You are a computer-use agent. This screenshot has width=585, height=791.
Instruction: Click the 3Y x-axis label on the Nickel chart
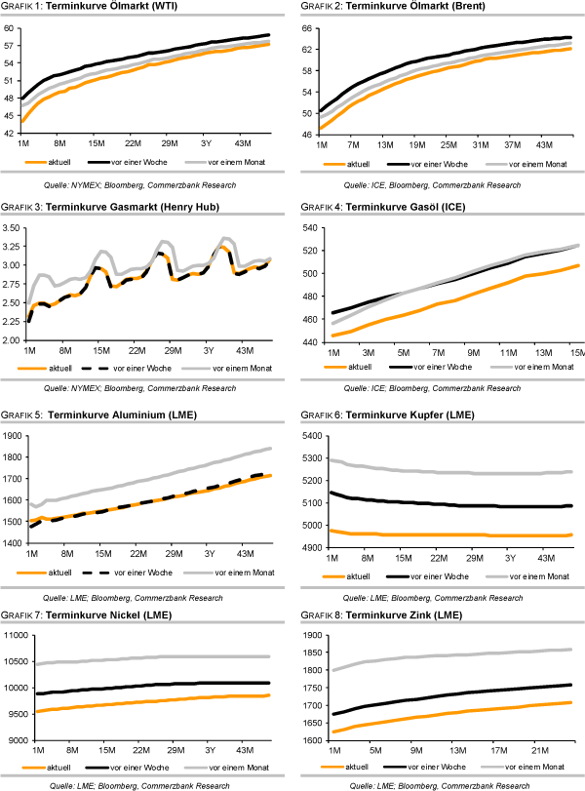(x=208, y=751)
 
